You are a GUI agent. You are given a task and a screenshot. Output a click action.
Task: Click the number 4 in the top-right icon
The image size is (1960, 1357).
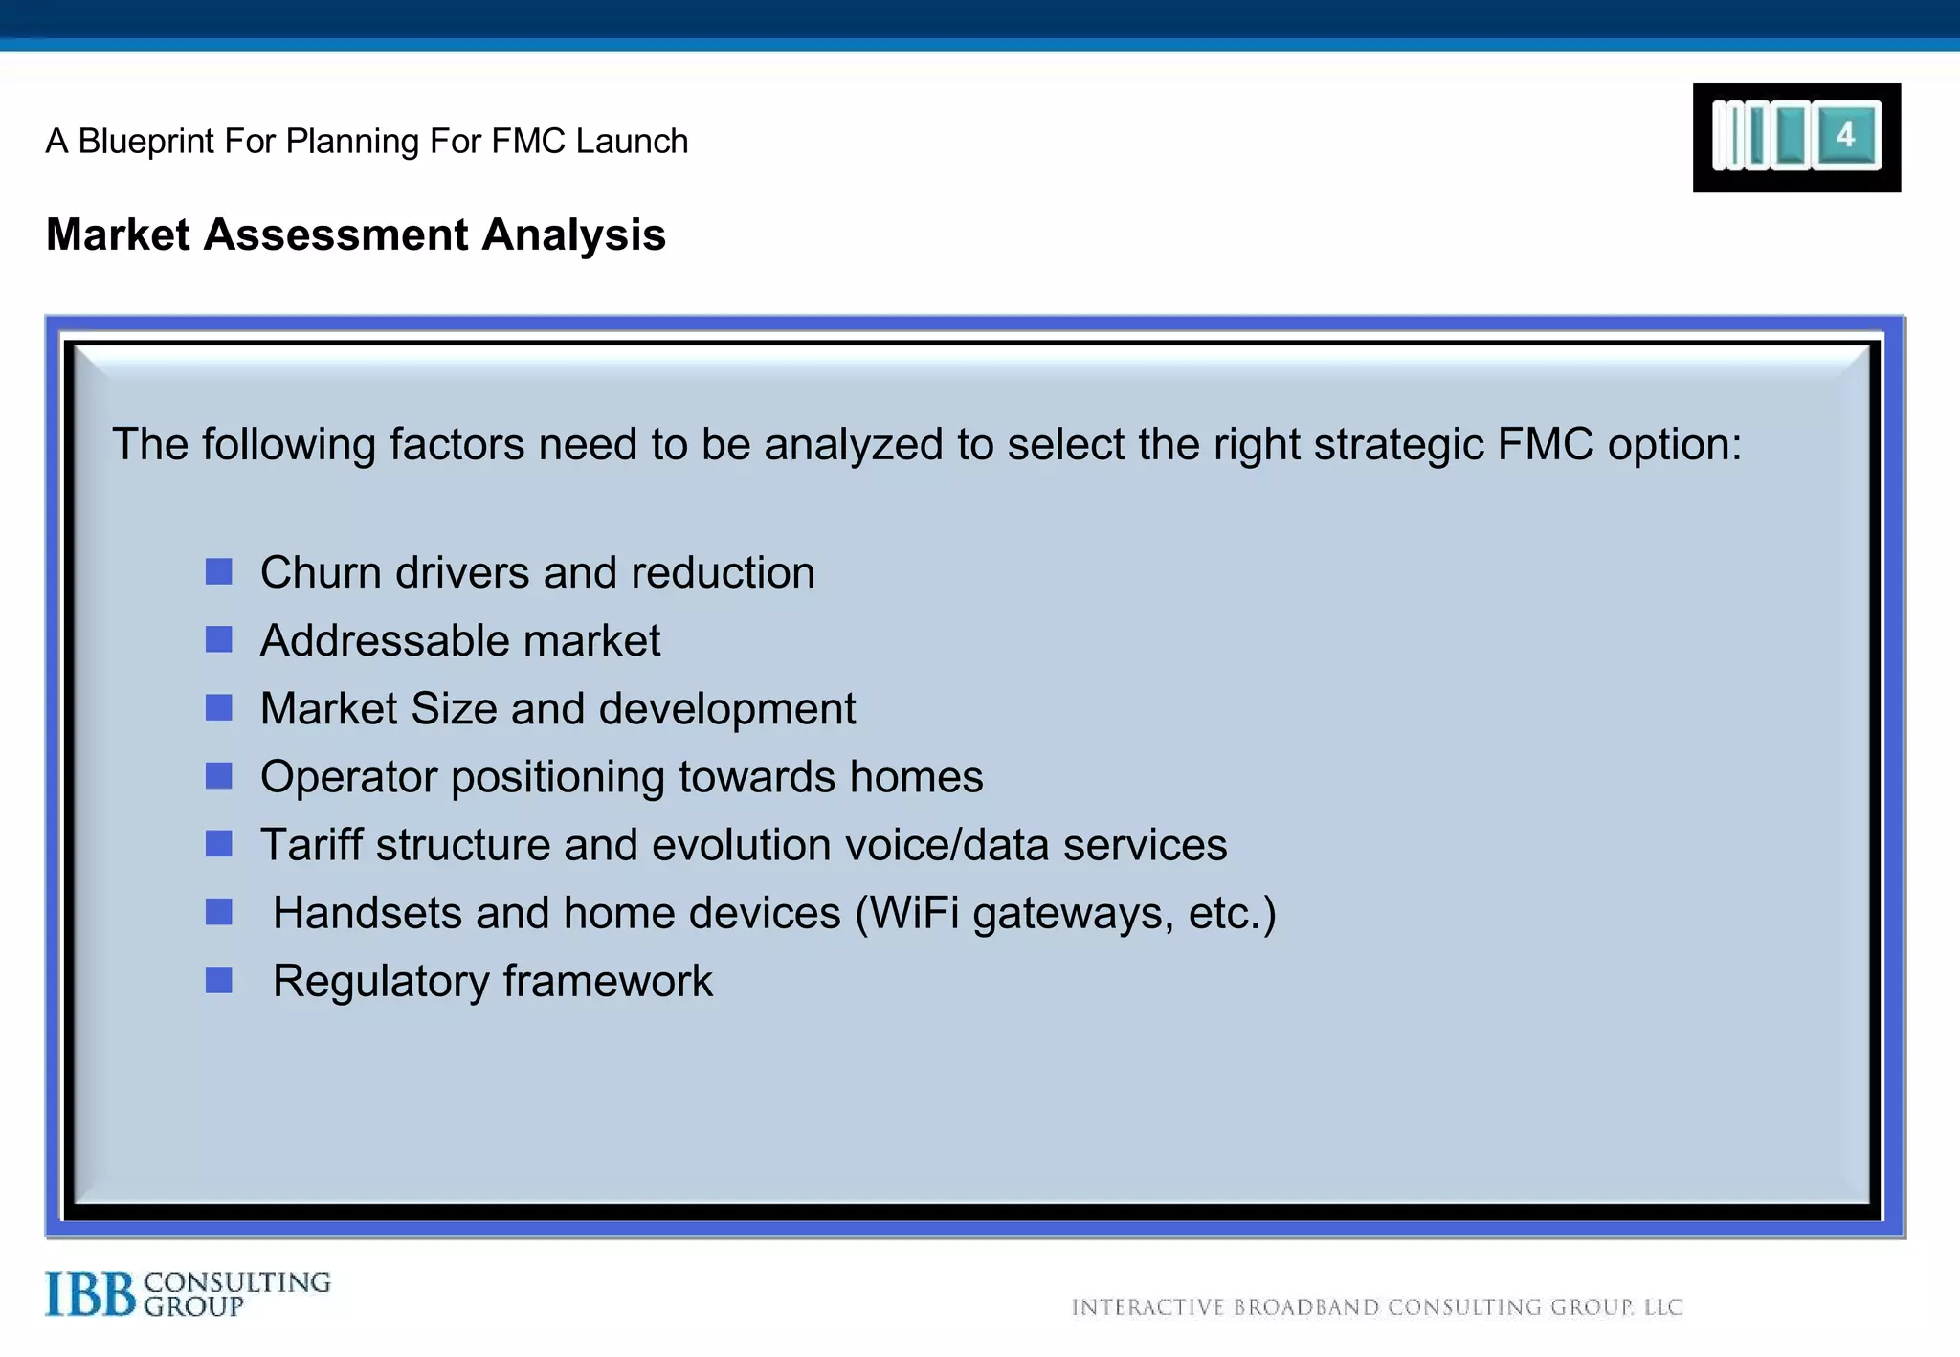(x=1845, y=135)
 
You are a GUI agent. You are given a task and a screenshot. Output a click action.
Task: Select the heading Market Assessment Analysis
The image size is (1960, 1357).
(x=355, y=234)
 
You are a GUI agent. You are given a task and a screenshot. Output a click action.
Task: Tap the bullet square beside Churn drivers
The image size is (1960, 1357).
(x=219, y=571)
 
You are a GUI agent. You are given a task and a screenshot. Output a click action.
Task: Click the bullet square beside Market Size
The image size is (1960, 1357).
(x=219, y=708)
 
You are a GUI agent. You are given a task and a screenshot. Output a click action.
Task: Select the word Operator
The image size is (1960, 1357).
(x=348, y=777)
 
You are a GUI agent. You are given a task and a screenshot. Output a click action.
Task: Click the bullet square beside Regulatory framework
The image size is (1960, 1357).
(x=219, y=980)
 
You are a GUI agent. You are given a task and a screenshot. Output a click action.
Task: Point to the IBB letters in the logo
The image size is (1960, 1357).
(x=91, y=1294)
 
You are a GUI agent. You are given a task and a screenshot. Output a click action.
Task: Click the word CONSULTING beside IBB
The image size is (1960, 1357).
(x=237, y=1282)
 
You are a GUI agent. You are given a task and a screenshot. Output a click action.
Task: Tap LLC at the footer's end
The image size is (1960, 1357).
(x=1663, y=1307)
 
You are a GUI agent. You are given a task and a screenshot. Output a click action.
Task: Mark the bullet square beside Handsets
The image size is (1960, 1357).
(x=219, y=912)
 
